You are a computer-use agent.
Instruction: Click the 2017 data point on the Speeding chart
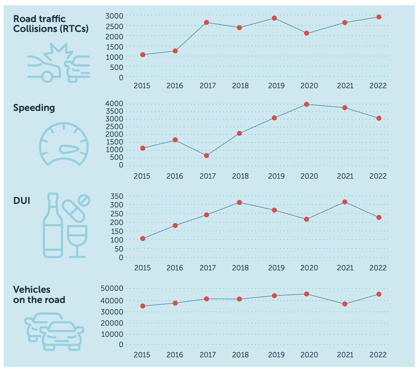click(206, 156)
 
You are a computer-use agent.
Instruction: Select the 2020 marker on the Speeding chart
click(306, 104)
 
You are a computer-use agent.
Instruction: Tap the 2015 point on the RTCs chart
click(143, 55)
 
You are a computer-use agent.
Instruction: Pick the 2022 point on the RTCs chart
click(379, 17)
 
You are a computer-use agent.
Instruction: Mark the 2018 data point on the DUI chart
click(239, 202)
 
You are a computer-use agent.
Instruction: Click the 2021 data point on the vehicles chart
click(345, 304)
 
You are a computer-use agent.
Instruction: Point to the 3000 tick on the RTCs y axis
click(114, 15)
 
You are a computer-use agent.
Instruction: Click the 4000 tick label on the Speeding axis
click(114, 104)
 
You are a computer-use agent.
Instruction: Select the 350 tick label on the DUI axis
click(117, 196)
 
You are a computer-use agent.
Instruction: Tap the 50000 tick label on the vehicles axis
click(112, 288)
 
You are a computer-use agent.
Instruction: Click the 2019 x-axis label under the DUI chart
click(276, 268)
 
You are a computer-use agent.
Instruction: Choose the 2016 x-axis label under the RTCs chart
click(175, 86)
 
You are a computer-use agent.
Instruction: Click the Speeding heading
click(34, 108)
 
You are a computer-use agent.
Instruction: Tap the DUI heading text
click(22, 201)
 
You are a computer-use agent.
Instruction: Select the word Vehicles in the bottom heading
click(32, 290)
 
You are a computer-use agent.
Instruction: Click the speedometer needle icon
click(69, 149)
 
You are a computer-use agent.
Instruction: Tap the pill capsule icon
click(74, 211)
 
